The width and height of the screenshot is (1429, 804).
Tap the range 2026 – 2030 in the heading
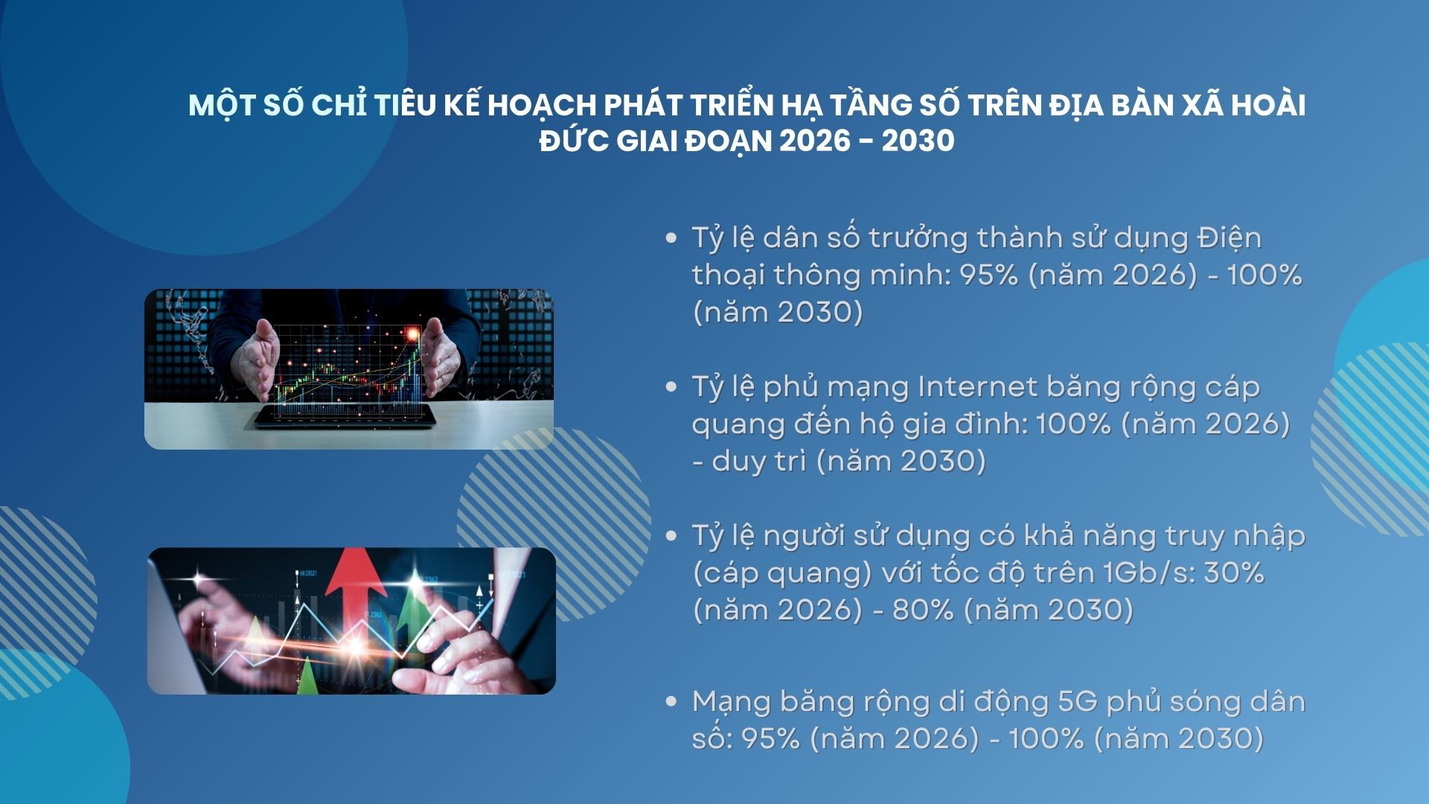point(866,141)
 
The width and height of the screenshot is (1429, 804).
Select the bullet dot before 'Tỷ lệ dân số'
point(671,238)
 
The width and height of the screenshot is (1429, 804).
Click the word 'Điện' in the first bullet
point(1229,238)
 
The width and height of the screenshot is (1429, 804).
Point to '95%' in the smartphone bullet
point(988,275)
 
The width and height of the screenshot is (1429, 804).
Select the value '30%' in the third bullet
point(1234,573)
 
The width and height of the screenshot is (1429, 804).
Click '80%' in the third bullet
point(923,610)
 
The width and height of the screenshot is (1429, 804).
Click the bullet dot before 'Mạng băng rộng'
point(671,701)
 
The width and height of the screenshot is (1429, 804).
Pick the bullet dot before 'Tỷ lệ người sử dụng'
point(671,536)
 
